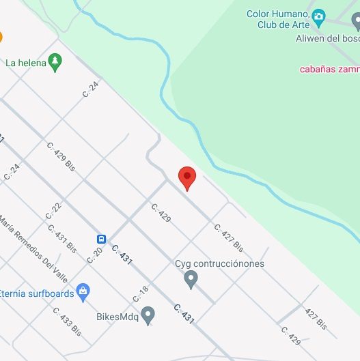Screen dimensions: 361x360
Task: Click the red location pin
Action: [187, 177]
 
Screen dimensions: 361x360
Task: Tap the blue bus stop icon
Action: [101, 239]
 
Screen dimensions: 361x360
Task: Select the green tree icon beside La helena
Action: [55, 63]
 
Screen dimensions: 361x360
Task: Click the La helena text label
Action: [25, 63]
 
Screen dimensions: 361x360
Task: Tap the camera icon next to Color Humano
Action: [318, 16]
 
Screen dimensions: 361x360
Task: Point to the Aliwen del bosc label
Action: [327, 38]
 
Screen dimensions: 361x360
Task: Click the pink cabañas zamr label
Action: [329, 68]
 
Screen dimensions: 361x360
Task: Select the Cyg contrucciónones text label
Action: [219, 263]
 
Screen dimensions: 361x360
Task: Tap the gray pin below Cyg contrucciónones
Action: [191, 279]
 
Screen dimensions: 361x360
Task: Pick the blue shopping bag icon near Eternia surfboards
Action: [83, 292]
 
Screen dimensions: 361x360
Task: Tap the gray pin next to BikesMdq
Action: [148, 315]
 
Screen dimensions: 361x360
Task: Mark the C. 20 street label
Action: [94, 255]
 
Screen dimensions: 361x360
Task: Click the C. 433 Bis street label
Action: [67, 321]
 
